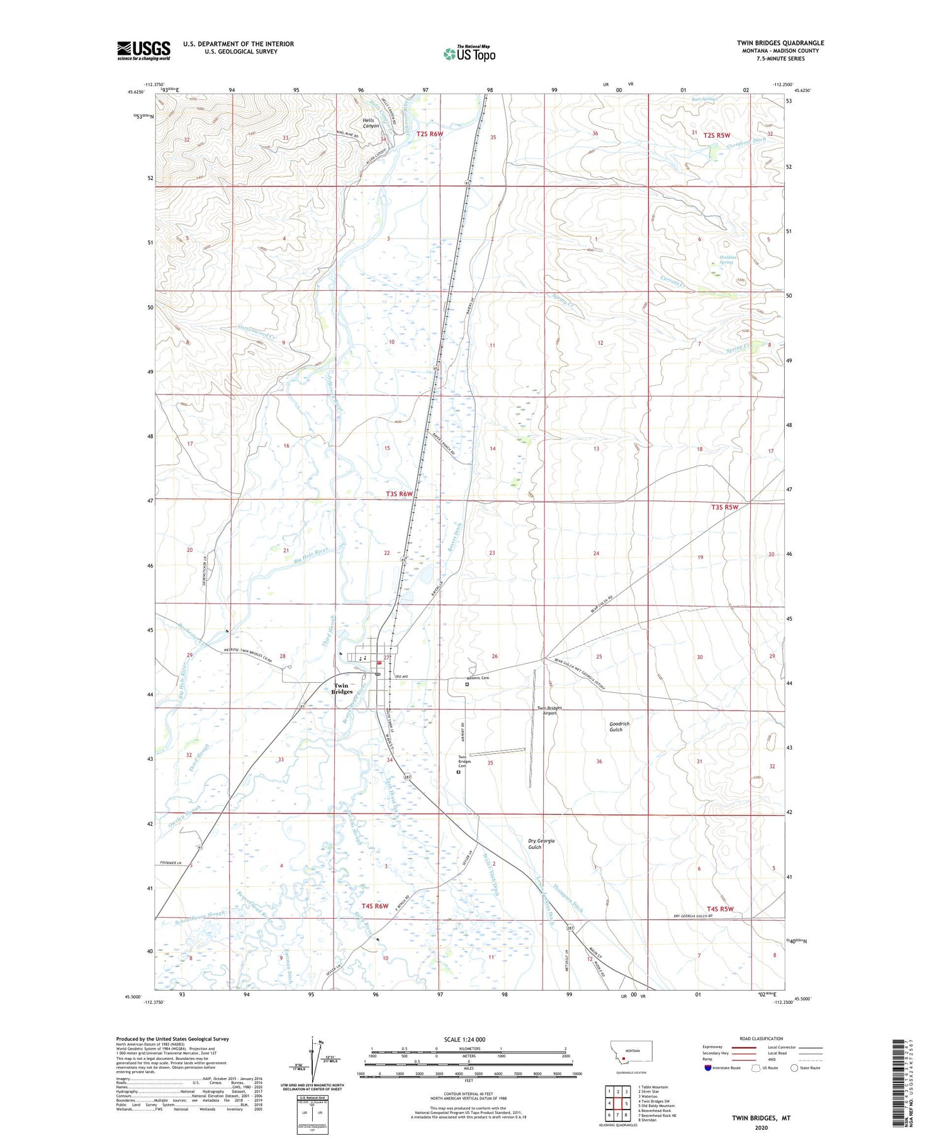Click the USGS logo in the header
click(x=143, y=50)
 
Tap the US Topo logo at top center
click(x=469, y=53)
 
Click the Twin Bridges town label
click(x=342, y=689)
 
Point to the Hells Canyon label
click(x=371, y=123)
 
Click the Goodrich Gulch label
click(x=619, y=726)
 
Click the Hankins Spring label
click(x=726, y=259)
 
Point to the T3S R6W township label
click(x=399, y=494)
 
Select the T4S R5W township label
click(x=720, y=909)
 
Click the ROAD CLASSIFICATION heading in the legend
click(x=761, y=1038)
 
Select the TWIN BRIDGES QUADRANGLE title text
click(x=780, y=43)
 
